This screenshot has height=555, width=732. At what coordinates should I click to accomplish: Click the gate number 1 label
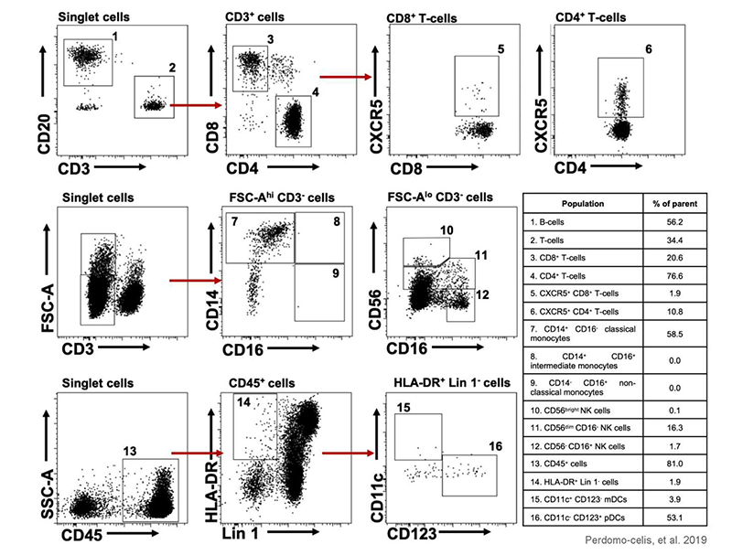point(116,36)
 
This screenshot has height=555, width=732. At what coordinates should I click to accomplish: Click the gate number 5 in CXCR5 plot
point(501,48)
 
